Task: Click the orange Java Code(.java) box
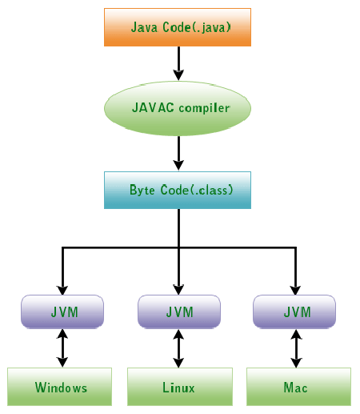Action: click(178, 27)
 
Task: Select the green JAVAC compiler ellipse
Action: click(178, 108)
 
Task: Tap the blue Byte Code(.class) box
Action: click(178, 190)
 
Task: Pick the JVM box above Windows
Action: click(62, 312)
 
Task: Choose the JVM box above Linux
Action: click(179, 312)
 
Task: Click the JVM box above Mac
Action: click(294, 312)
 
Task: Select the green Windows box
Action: click(59, 387)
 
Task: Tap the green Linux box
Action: click(180, 387)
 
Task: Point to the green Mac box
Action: click(298, 387)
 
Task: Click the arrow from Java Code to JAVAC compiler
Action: click(178, 63)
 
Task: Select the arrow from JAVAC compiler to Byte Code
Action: click(178, 153)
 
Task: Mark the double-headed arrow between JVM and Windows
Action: click(62, 348)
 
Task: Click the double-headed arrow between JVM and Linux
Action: click(178, 348)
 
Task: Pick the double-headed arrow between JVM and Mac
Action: click(296, 348)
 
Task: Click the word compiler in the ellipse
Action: click(204, 108)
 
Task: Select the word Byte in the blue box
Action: click(142, 190)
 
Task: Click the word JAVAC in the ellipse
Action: click(153, 107)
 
